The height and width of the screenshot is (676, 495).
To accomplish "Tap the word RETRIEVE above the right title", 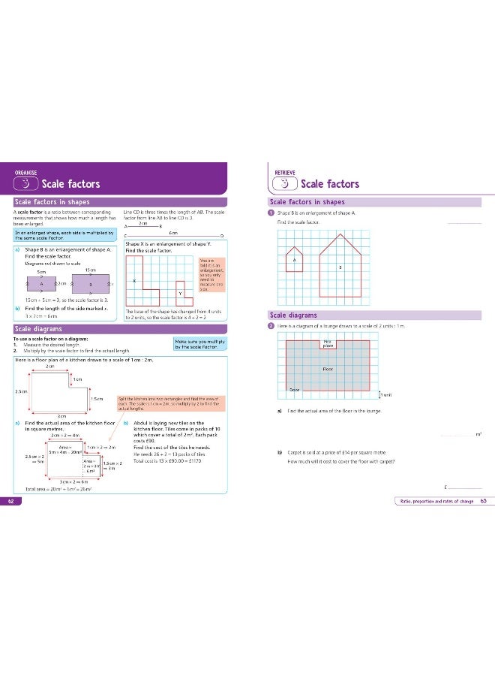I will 285,172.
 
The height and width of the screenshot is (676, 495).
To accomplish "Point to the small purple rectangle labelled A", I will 42,285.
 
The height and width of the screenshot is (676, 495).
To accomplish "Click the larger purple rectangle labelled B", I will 91,285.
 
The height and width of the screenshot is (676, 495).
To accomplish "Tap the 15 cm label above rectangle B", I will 90,270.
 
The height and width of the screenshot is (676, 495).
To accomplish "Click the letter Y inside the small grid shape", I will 180,293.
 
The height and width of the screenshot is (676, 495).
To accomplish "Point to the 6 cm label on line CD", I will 173,233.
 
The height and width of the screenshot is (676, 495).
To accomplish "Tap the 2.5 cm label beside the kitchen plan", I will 22,391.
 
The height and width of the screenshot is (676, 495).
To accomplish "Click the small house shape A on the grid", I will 295,258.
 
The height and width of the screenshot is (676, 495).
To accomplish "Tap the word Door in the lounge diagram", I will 295,389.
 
